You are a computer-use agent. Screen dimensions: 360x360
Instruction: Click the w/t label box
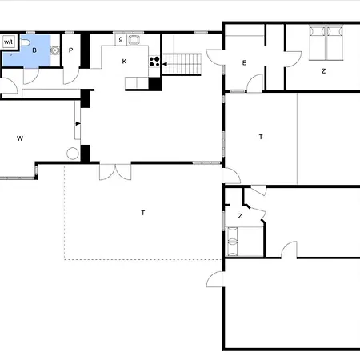[x=9, y=42]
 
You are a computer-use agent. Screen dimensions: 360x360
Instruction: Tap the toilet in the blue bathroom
[x=25, y=42]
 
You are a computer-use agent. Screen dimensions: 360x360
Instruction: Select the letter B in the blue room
[x=34, y=50]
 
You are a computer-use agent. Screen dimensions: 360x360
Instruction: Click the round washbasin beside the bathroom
[x=55, y=50]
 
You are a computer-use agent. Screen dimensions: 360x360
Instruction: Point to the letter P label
[x=70, y=50]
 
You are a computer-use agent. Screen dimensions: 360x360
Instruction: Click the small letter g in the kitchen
[x=121, y=39]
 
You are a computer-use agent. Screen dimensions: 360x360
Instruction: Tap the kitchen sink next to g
[x=134, y=40]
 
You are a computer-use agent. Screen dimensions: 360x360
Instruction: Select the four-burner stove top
[x=154, y=62]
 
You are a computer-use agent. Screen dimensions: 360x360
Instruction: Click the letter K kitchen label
[x=124, y=62]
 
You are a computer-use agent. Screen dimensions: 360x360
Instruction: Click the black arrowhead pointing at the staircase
[x=165, y=64]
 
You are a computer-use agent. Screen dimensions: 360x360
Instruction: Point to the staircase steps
[x=182, y=64]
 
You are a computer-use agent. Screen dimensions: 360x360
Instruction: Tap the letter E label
[x=244, y=63]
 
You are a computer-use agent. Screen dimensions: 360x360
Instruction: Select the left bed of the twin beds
[x=318, y=42]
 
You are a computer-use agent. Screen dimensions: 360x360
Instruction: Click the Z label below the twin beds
[x=323, y=71]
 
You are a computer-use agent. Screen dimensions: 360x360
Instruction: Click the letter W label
[x=20, y=138]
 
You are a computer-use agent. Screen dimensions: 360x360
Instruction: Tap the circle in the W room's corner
[x=73, y=154]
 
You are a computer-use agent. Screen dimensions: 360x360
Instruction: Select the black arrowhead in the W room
[x=78, y=123]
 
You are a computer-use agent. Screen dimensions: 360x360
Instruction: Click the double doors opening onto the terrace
[x=115, y=172]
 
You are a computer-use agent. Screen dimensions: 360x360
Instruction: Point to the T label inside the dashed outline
[x=143, y=213]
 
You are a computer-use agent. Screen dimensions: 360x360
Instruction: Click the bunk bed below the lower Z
[x=232, y=242]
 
